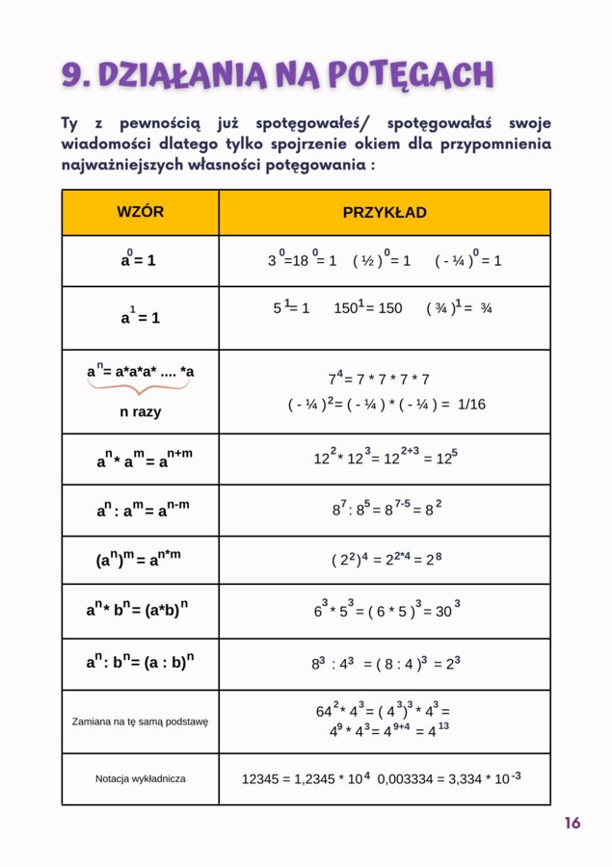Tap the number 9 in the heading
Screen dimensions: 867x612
click(70, 74)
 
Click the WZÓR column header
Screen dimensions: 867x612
click(140, 212)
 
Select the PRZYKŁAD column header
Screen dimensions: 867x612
click(385, 212)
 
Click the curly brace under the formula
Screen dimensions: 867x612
click(140, 388)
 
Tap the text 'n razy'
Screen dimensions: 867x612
click(140, 411)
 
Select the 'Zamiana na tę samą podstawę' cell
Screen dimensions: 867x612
click(140, 721)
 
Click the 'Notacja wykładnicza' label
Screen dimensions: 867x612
click(140, 778)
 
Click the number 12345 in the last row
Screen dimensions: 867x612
click(261, 778)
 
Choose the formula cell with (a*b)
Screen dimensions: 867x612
click(140, 611)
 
